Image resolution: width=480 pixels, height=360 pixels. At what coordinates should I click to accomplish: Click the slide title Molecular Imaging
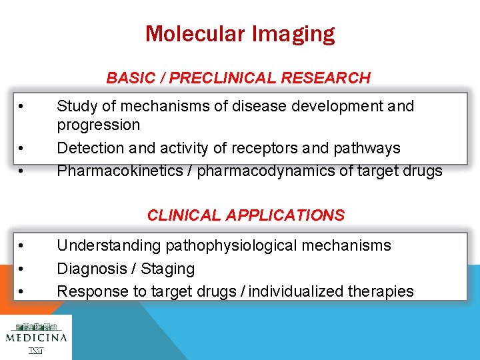240,33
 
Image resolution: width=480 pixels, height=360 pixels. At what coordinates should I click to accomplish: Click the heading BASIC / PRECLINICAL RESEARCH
238,78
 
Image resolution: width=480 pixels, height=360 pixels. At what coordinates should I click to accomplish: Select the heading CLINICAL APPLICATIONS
245,215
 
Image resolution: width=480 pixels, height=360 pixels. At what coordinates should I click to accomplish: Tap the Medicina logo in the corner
36,337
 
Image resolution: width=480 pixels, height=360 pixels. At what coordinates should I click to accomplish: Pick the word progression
98,125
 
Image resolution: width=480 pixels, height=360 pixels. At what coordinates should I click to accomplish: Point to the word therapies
381,292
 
